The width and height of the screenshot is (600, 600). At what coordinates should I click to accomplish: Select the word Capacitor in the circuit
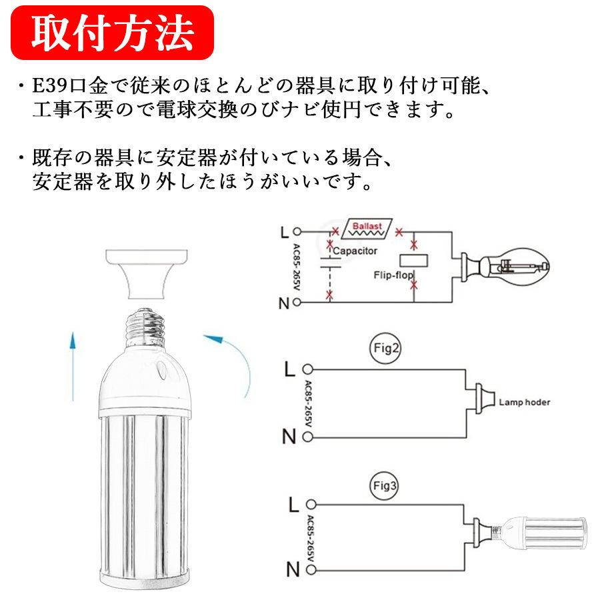[x=355, y=251]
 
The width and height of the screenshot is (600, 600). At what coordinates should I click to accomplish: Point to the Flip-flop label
[x=394, y=275]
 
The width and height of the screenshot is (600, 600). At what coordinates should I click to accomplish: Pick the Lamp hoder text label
[x=525, y=403]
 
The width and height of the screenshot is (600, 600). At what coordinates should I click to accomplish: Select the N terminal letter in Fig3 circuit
[x=291, y=570]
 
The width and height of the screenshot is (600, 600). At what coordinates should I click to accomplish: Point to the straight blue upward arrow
[x=73, y=359]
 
